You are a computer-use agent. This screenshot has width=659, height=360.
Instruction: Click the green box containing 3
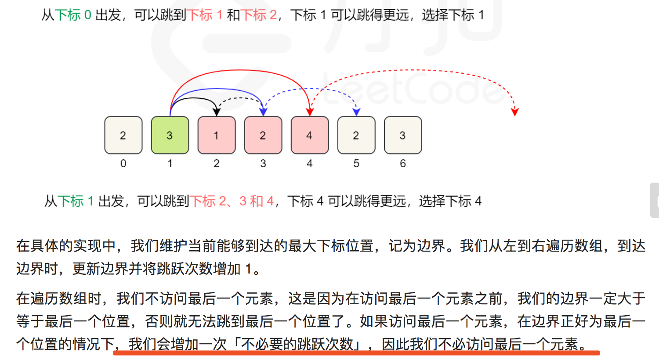(170, 135)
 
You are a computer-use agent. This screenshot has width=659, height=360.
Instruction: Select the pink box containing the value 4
(310, 135)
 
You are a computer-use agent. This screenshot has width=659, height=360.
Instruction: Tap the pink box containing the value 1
(217, 135)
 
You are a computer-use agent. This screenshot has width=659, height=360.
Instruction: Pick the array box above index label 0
(123, 135)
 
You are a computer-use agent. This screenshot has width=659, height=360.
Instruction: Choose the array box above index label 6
(403, 135)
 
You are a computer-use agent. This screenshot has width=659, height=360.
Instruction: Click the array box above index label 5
(356, 135)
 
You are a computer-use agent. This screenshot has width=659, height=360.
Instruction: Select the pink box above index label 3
(263, 135)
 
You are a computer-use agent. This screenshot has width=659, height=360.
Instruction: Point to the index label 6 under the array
(403, 164)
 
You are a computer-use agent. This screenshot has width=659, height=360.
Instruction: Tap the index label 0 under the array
(123, 164)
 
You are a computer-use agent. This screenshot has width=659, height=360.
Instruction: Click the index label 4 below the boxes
(310, 164)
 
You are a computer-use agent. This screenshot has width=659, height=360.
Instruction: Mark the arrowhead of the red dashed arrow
(515, 112)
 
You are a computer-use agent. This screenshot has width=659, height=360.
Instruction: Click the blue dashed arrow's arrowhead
(356, 112)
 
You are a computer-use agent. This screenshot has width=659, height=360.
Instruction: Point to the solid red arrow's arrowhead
(310, 112)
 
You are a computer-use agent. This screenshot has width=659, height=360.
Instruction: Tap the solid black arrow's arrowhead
(216, 112)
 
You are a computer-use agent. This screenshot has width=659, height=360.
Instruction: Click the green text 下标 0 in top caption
(73, 15)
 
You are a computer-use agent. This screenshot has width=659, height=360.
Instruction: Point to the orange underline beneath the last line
(356, 353)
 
